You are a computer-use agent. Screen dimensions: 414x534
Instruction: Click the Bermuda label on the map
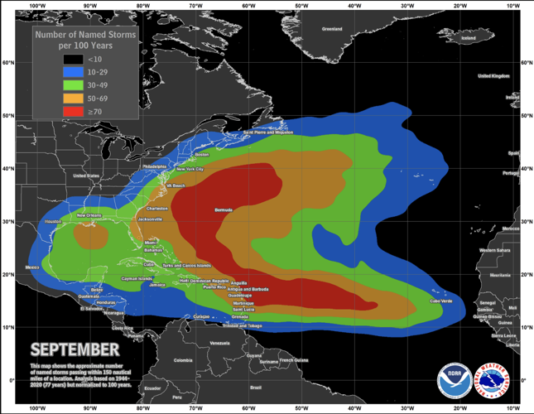click(x=224, y=210)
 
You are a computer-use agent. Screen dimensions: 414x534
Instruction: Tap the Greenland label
click(x=332, y=28)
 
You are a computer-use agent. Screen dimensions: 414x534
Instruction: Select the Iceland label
click(x=468, y=37)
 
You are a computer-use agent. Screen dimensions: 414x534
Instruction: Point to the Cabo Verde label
click(x=440, y=301)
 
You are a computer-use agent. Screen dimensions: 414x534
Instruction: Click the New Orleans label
click(x=89, y=215)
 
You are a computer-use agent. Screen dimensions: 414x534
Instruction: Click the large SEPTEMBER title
click(x=75, y=349)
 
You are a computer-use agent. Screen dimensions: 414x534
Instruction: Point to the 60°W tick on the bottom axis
click(x=248, y=408)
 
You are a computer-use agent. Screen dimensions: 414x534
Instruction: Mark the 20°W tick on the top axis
click(x=459, y=5)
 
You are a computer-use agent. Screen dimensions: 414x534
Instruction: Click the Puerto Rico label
click(x=214, y=286)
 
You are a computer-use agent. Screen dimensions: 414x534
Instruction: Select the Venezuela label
click(x=219, y=343)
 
